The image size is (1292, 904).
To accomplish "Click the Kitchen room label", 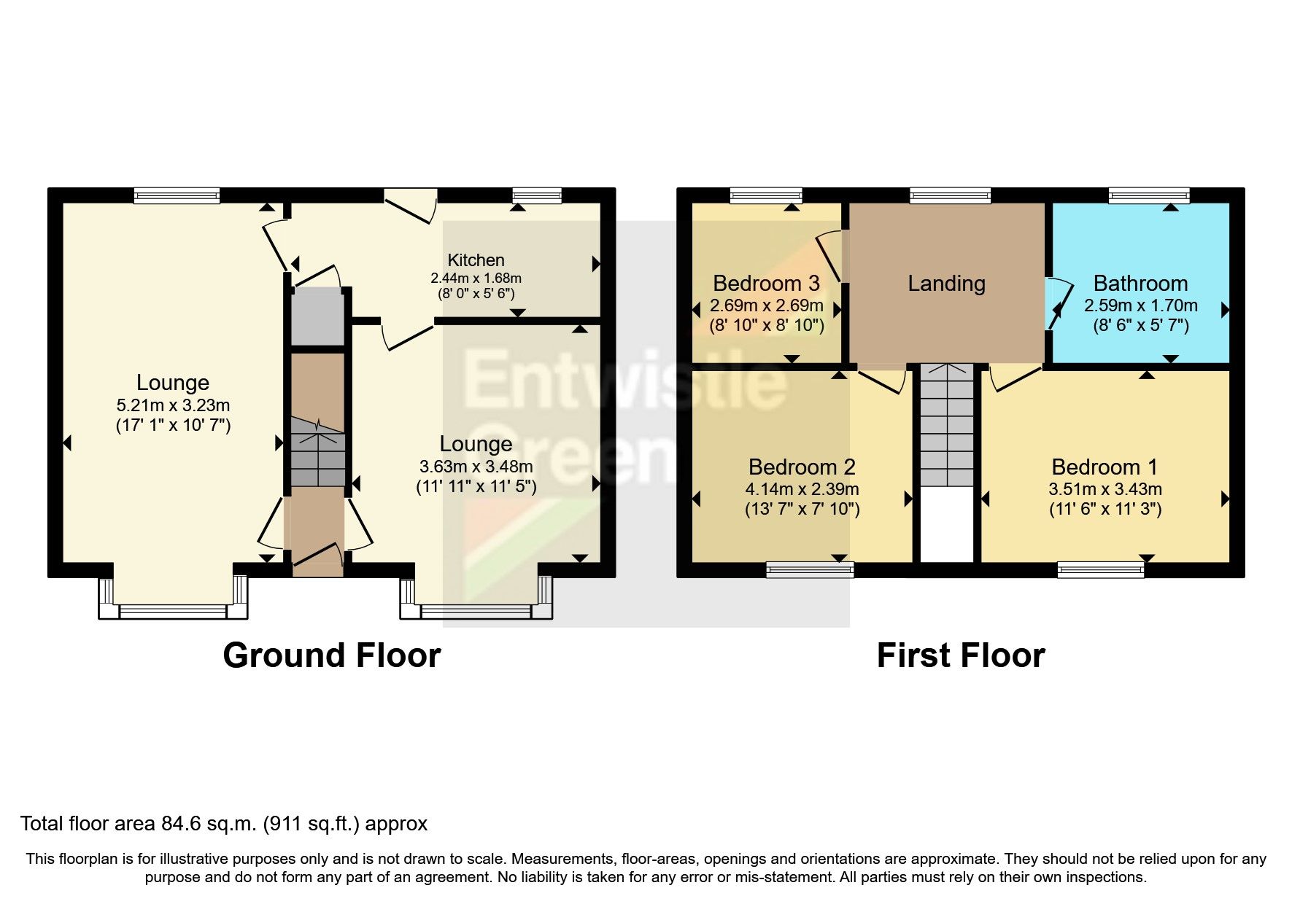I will [476, 260].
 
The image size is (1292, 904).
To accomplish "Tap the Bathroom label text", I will [1140, 284].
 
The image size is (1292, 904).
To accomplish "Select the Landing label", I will [946, 284].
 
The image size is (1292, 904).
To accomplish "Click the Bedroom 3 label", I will [766, 284].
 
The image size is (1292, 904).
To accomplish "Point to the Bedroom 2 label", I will [802, 467].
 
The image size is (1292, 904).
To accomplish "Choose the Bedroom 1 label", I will [1105, 467].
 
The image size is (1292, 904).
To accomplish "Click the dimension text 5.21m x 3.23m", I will [173, 405].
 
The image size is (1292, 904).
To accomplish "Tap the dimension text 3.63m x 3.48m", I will [476, 467].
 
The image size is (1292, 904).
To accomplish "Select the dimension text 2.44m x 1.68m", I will [476, 278].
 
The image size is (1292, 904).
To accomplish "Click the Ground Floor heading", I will [331, 655].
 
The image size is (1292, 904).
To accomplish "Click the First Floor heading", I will [960, 655].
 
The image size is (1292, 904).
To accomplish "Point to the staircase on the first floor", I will [946, 426].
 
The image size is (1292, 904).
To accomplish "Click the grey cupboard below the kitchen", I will [317, 317].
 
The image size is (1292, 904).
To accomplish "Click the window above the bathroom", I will [1148, 195].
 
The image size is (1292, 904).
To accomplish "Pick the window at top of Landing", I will [950, 195].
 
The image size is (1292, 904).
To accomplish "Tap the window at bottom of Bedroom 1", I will [1101, 569].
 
